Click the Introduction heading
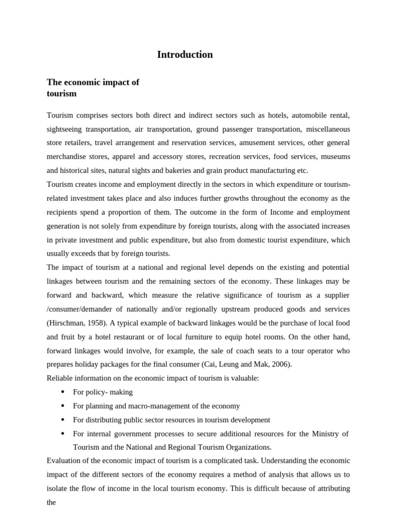[185, 55]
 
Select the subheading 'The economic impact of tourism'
[93, 88]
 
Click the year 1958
[93, 323]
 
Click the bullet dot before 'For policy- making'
[63, 392]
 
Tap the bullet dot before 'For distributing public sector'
[63, 420]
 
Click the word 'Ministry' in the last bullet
[326, 434]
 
